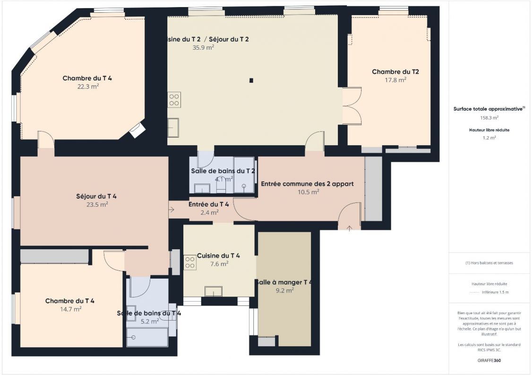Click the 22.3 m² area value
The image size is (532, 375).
(x=88, y=87)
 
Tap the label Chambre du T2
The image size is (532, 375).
(x=395, y=72)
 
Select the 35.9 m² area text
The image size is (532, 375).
(x=203, y=47)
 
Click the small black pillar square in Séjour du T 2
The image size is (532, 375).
(x=252, y=80)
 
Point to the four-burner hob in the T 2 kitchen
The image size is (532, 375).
(x=174, y=99)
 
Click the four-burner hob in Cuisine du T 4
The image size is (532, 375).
(x=190, y=262)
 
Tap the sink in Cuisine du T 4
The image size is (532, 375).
(x=213, y=291)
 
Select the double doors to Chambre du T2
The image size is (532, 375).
(x=352, y=105)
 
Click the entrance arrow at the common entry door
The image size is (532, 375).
(x=349, y=228)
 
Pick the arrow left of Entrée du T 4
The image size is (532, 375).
(x=171, y=209)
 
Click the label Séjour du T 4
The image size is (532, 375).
(x=96, y=196)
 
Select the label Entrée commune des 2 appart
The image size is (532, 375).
(x=307, y=183)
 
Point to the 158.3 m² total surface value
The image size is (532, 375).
(x=489, y=118)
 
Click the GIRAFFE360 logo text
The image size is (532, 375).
(x=489, y=360)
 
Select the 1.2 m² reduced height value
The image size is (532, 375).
(x=489, y=138)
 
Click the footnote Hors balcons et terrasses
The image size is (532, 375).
(x=489, y=263)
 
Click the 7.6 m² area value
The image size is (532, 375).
(x=219, y=264)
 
